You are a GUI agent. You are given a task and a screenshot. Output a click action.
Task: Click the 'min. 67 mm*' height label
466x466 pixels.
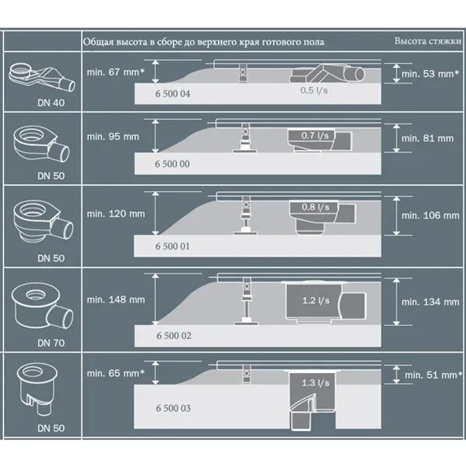114,72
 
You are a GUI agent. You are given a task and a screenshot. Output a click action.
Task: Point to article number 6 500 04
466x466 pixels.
172,94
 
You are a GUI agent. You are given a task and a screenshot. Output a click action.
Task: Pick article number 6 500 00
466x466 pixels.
172,164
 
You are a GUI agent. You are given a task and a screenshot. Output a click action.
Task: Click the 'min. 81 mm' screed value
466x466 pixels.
427,138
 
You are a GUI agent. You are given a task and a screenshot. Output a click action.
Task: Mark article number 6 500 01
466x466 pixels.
172,246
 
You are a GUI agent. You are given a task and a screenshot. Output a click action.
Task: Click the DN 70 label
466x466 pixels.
51,343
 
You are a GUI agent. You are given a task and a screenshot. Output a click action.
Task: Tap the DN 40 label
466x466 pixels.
51,103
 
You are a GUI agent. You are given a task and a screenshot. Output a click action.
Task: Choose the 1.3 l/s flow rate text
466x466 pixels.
315,383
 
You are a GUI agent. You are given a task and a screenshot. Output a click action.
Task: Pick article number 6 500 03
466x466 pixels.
172,408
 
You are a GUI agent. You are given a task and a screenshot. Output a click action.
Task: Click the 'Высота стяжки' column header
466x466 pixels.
428,41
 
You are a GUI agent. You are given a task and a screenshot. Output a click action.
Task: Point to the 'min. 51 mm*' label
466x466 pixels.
433,375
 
